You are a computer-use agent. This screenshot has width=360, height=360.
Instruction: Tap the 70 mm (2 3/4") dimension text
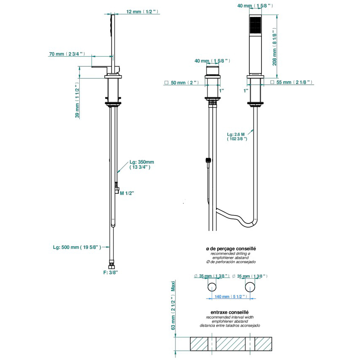coord(67,54)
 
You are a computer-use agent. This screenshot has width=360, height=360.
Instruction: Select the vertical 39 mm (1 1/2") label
coord(77,101)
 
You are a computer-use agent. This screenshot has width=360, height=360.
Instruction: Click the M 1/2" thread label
coord(127,193)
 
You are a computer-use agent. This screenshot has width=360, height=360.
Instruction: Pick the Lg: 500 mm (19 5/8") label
coord(78,248)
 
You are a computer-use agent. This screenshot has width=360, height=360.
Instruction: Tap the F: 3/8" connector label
coord(111,272)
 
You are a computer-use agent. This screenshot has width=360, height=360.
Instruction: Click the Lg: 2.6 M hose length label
coord(237,136)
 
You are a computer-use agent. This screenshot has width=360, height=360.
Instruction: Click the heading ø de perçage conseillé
coord(231,248)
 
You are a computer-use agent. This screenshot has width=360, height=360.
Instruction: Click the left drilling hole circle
coord(212,287)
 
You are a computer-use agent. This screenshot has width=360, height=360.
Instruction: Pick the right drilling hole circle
coord(250,287)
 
